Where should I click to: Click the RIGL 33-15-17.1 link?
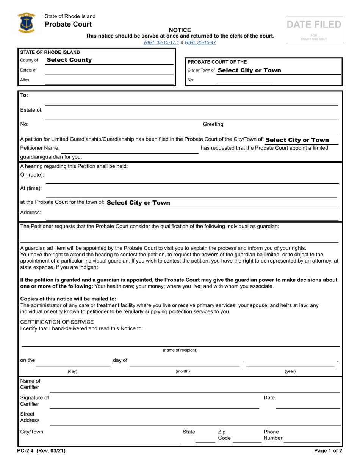(x=161, y=42)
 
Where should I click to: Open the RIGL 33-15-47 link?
(x=200, y=42)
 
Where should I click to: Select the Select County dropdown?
(x=69, y=60)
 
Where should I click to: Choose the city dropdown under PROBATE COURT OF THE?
(x=249, y=70)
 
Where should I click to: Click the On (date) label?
(x=32, y=175)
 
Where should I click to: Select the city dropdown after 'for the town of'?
(x=138, y=203)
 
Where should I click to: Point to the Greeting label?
(x=214, y=124)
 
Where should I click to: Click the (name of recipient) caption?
(x=180, y=350)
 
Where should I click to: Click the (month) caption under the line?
(x=183, y=372)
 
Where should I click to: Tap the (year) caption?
(x=290, y=372)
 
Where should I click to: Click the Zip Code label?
(x=224, y=435)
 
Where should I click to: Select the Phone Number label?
(x=273, y=435)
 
